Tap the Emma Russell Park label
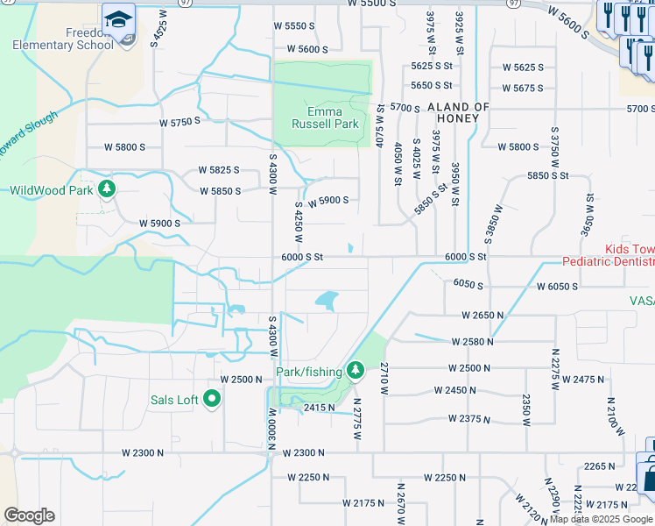click(320, 117)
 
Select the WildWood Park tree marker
click(107, 189)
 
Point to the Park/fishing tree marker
click(356, 372)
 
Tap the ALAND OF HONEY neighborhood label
click(453, 112)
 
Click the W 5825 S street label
click(219, 169)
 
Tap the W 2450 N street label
click(455, 391)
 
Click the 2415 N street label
click(319, 408)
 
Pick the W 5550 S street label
click(293, 26)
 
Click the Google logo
click(29, 515)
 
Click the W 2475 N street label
click(582, 380)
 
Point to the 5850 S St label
click(547, 175)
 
